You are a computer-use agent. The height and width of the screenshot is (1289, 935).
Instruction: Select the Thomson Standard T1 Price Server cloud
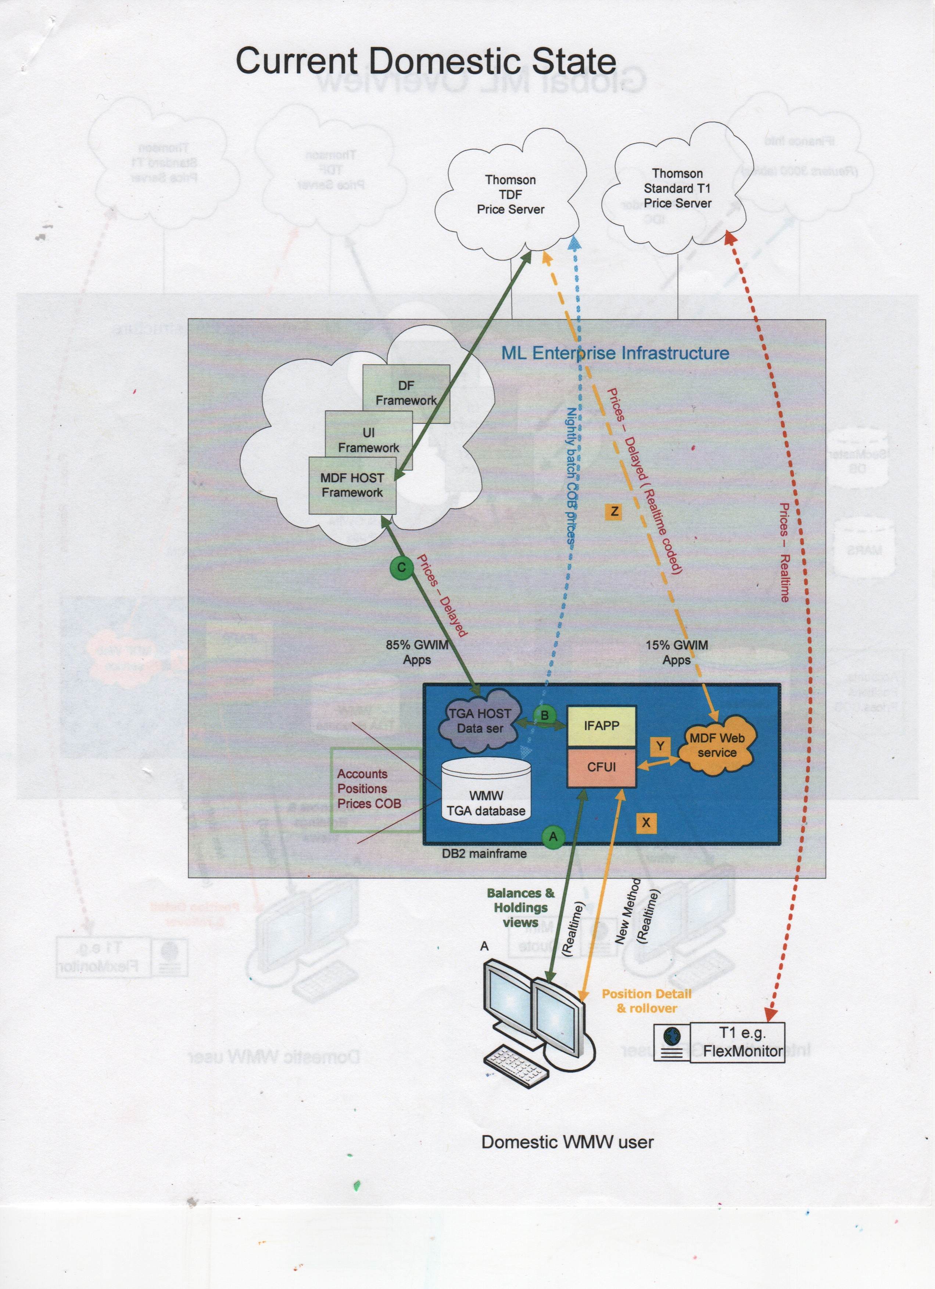click(x=677, y=188)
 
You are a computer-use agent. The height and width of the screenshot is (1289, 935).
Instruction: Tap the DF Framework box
click(x=406, y=393)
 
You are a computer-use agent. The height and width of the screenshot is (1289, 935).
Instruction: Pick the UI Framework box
click(x=368, y=440)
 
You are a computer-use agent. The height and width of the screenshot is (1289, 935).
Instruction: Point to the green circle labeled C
click(x=402, y=567)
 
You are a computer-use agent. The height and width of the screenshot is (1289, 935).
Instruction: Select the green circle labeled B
click(x=544, y=715)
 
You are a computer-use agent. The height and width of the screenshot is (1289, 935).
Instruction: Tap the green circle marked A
click(x=552, y=837)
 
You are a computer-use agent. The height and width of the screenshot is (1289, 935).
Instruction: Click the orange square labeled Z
click(x=614, y=511)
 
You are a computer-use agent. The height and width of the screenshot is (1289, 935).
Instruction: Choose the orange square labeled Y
click(x=660, y=746)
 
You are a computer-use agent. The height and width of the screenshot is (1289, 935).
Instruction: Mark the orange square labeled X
click(x=646, y=822)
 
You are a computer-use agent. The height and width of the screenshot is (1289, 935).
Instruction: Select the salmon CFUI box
click(x=601, y=767)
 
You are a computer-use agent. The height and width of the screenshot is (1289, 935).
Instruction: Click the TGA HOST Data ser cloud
click(x=480, y=721)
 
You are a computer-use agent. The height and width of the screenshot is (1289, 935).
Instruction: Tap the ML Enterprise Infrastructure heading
click(x=615, y=353)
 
